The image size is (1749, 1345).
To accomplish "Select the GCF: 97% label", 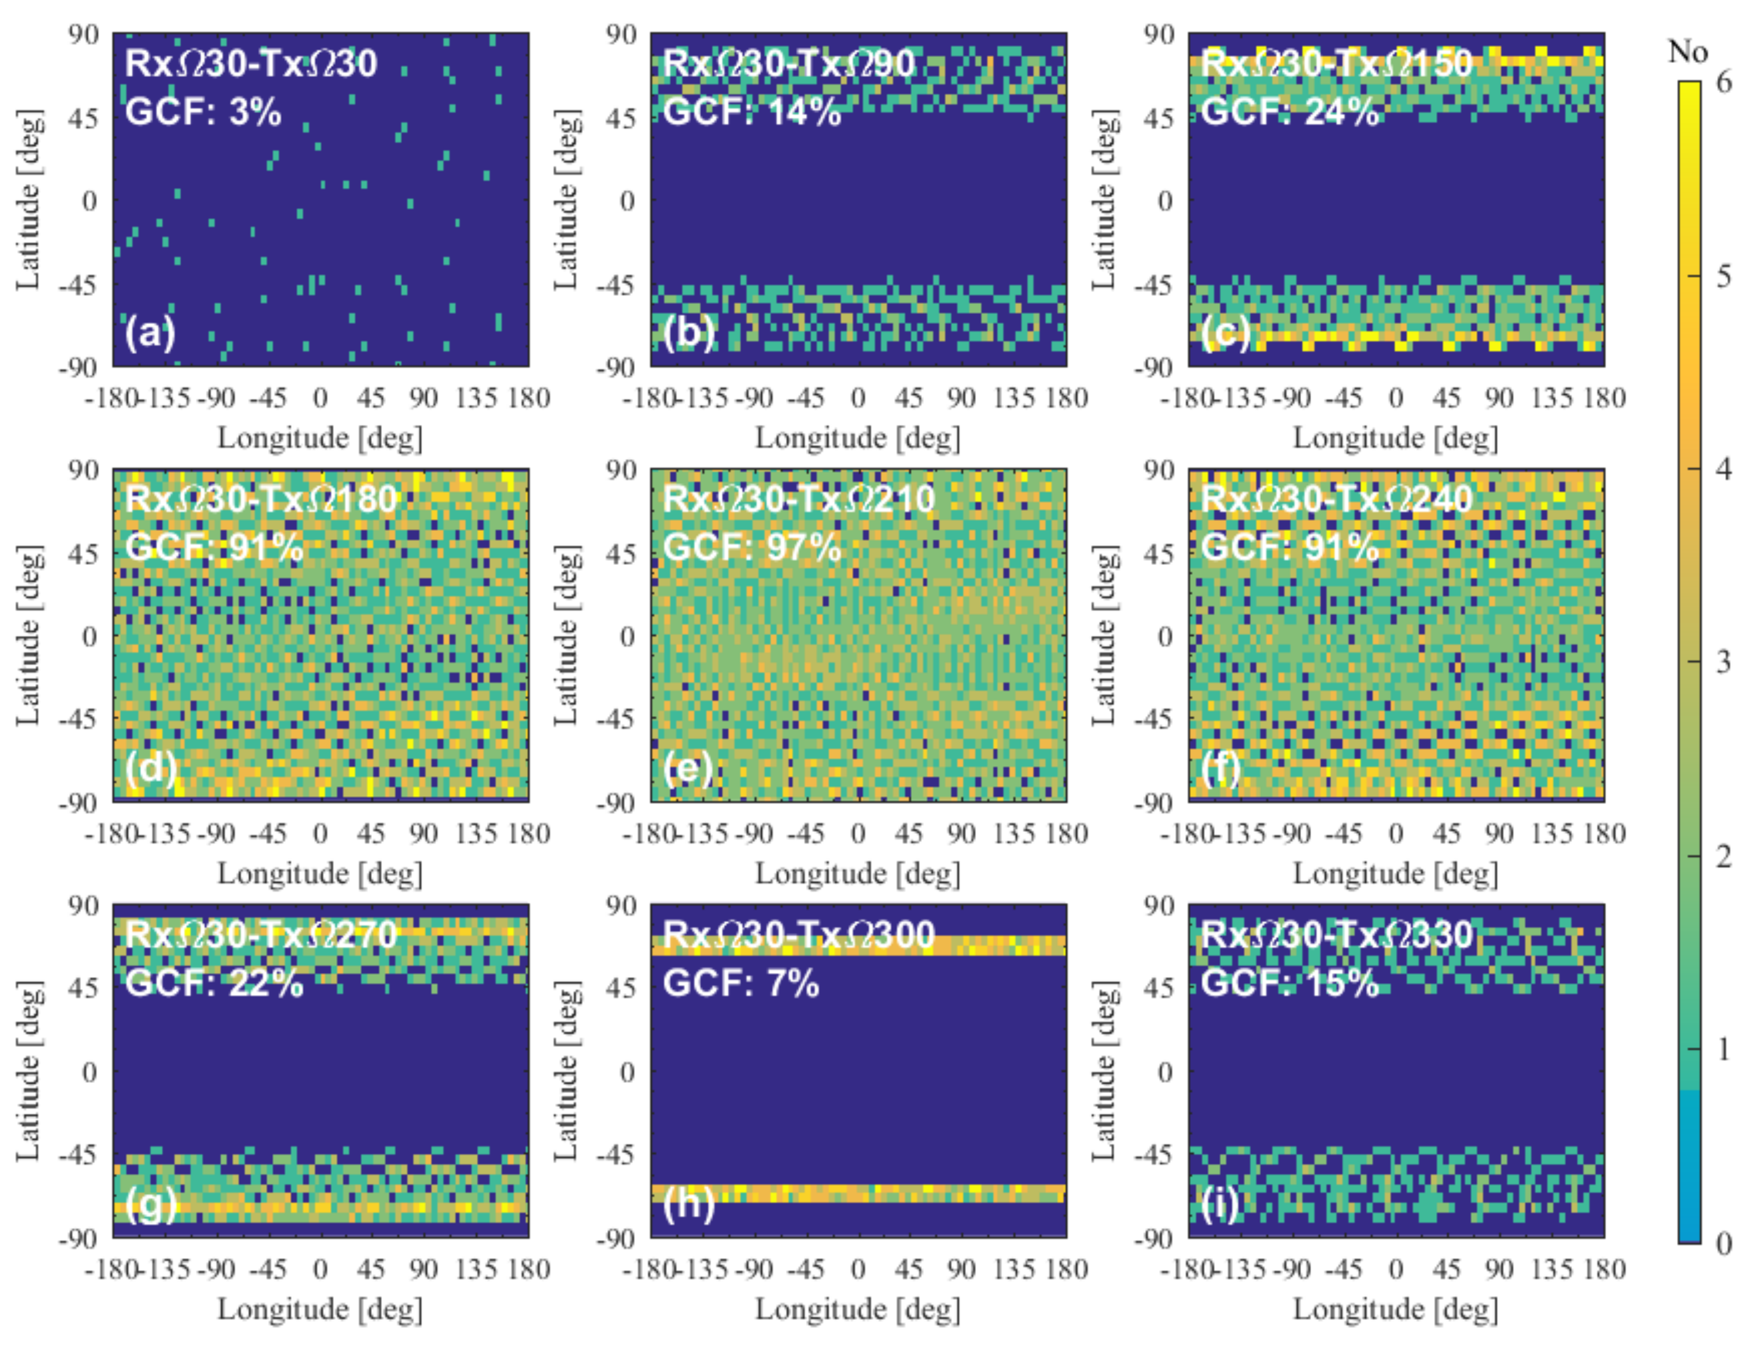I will coord(752,547).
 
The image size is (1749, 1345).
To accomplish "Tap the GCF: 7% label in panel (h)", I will coord(741,983).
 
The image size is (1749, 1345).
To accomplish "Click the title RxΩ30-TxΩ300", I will coord(799,934).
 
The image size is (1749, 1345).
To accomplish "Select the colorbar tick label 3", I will coord(1723,662).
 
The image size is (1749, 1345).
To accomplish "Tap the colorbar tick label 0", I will coord(1723,1244).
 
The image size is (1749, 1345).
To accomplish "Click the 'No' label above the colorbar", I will coord(1687,52).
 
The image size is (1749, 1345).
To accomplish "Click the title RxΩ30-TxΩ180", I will coord(261,499).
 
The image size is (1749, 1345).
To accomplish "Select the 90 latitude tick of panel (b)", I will coord(621,35).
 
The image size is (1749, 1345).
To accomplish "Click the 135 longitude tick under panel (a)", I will coord(476,398).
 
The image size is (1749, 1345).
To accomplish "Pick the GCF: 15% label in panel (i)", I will coord(1289,983).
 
